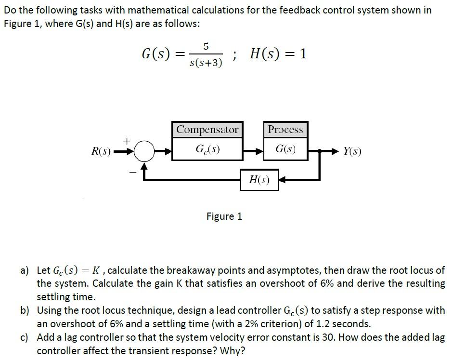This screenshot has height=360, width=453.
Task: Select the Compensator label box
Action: (207, 130)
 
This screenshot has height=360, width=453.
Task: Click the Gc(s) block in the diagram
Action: (207, 148)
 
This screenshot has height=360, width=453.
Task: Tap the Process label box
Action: (285, 130)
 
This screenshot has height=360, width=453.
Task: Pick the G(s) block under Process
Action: (285, 148)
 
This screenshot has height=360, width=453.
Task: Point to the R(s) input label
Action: (101, 151)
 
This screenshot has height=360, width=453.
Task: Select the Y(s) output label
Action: (352, 151)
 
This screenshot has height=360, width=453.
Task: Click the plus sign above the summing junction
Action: (127, 141)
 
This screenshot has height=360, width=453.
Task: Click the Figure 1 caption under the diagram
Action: (224, 216)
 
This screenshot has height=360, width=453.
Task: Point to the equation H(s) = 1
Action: (278, 54)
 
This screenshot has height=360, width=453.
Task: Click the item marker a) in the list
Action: (25, 270)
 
